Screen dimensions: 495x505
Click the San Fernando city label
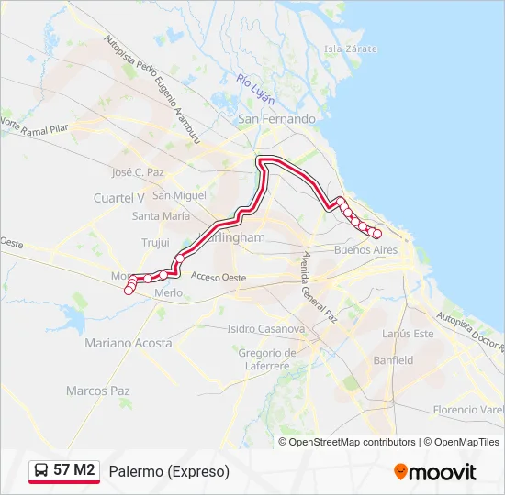pyautogui.click(x=276, y=119)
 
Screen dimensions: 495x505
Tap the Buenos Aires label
pyautogui.click(x=365, y=249)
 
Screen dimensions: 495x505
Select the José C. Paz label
pyautogui.click(x=137, y=172)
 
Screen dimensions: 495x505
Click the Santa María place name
pyautogui.click(x=161, y=216)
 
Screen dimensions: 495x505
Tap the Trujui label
pyautogui.click(x=155, y=243)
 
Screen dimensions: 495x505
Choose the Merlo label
pyautogui.click(x=169, y=292)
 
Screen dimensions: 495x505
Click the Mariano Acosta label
pyautogui.click(x=128, y=343)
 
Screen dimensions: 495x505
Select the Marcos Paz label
pyautogui.click(x=98, y=390)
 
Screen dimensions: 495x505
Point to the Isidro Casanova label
pyautogui.click(x=265, y=328)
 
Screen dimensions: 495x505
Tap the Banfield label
pyautogui.click(x=393, y=360)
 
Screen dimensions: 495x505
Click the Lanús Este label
pyautogui.click(x=409, y=334)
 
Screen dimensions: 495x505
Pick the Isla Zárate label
pyautogui.click(x=345, y=48)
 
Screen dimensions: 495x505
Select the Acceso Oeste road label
pyautogui.click(x=219, y=277)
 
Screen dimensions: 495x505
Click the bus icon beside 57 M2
pyautogui.click(x=41, y=471)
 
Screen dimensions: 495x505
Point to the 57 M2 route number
pyautogui.click(x=74, y=471)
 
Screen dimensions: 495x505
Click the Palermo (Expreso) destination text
pyautogui.click(x=169, y=471)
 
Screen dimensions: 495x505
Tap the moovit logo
pyautogui.click(x=434, y=472)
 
